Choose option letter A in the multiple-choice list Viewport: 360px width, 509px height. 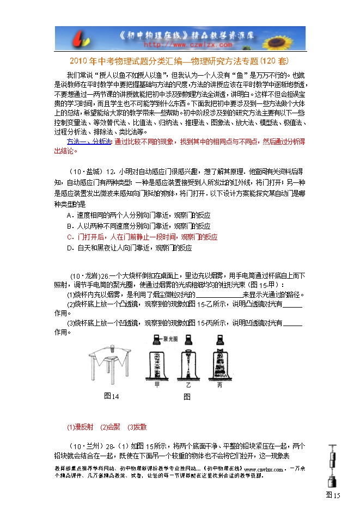[x=69, y=216]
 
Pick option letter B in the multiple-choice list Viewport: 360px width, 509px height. [x=69, y=226]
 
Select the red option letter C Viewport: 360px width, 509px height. [x=69, y=237]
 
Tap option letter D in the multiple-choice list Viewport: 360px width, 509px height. [x=69, y=248]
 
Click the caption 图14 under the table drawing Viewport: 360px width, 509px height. [x=112, y=396]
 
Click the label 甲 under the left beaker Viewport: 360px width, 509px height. [x=157, y=384]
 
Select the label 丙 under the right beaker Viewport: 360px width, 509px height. [x=219, y=384]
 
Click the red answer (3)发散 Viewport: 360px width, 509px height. [x=137, y=427]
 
